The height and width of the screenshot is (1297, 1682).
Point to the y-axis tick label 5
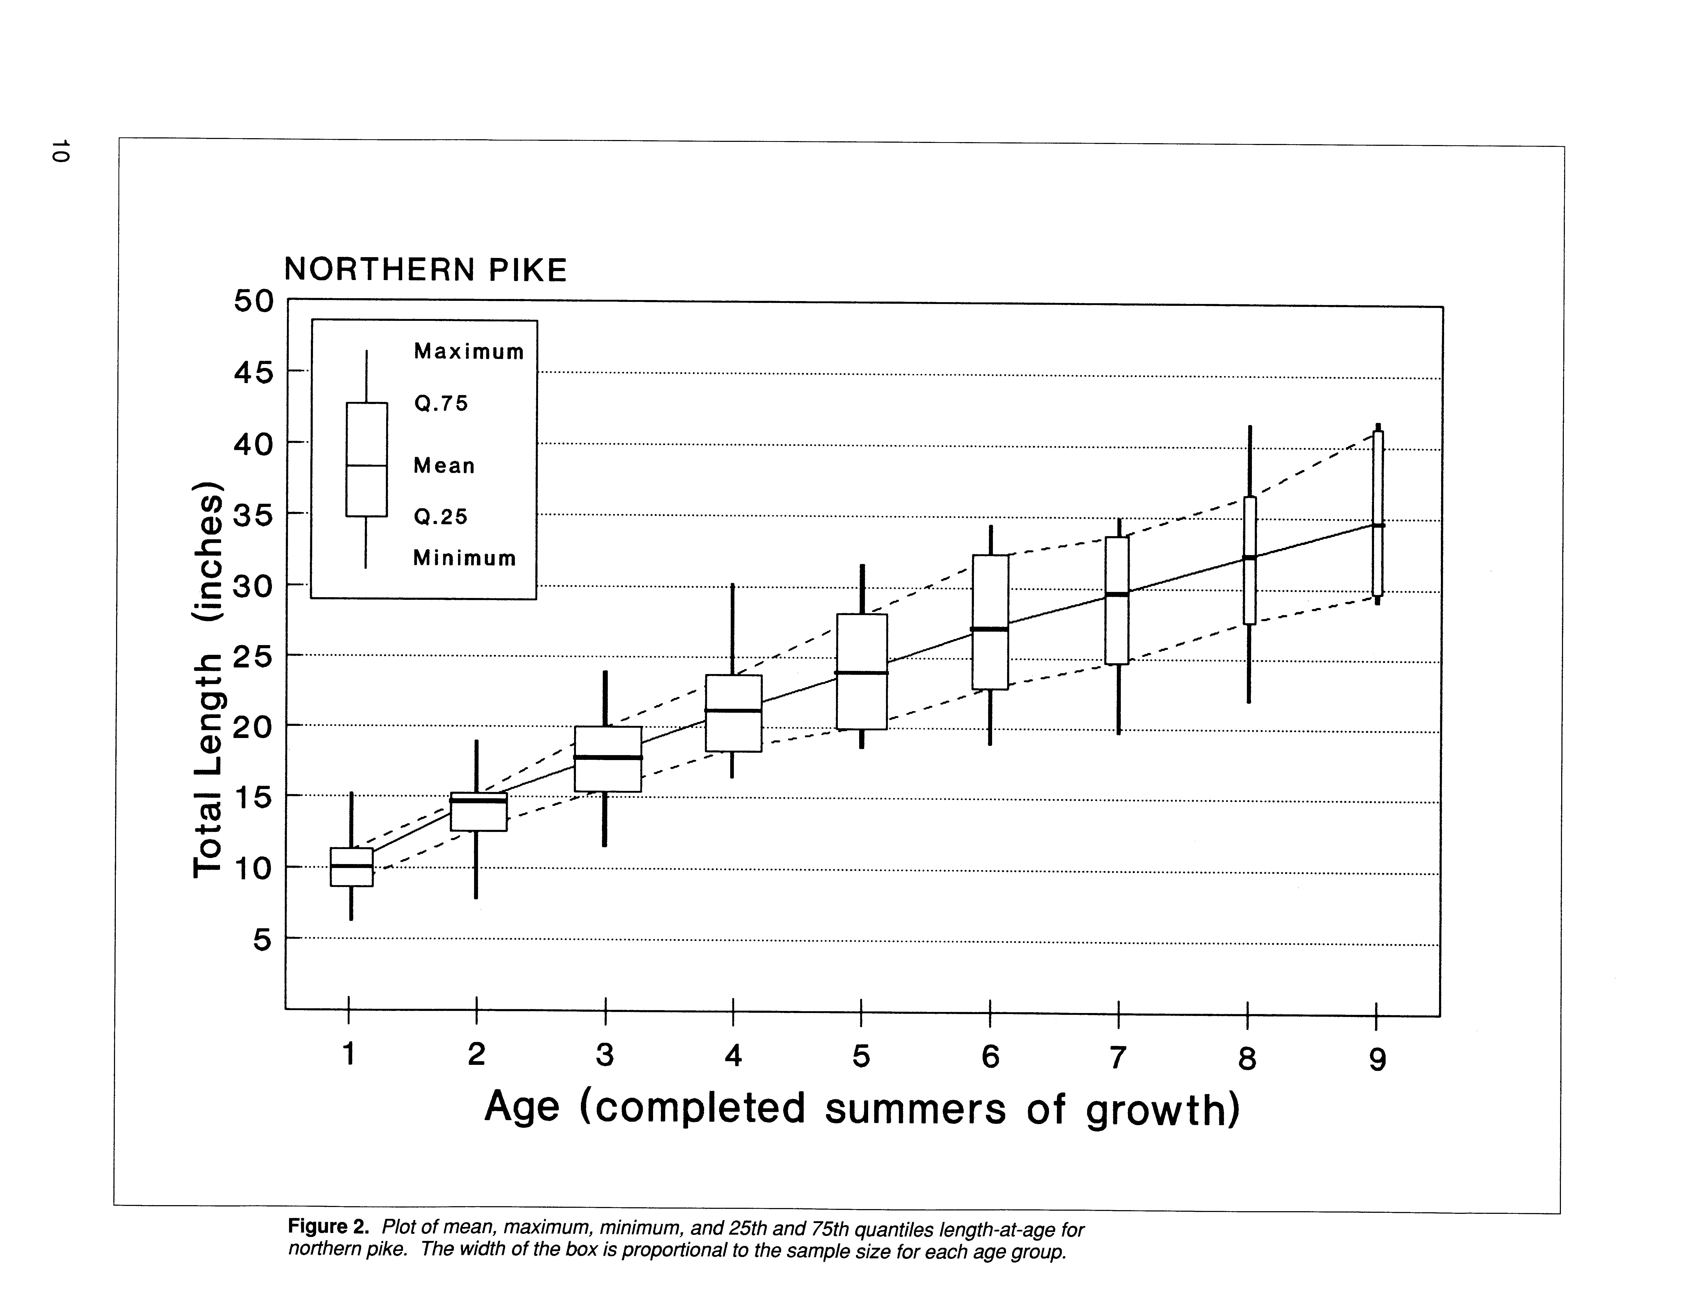pyautogui.click(x=263, y=940)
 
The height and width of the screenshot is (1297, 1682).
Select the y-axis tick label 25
pyautogui.click(x=253, y=656)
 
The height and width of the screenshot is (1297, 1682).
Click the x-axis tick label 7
pyautogui.click(x=1117, y=1057)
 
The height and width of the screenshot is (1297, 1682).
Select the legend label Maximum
pyautogui.click(x=468, y=352)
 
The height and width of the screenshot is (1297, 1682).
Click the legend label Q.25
pyautogui.click(x=441, y=517)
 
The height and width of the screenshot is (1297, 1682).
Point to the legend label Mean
pyautogui.click(x=444, y=466)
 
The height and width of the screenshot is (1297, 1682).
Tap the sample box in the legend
pyautogui.click(x=367, y=460)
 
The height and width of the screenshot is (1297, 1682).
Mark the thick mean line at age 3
pyautogui.click(x=608, y=758)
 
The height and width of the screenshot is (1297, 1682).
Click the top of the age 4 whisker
pyautogui.click(x=732, y=585)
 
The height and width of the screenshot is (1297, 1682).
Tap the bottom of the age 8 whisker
pyautogui.click(x=1248, y=701)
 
